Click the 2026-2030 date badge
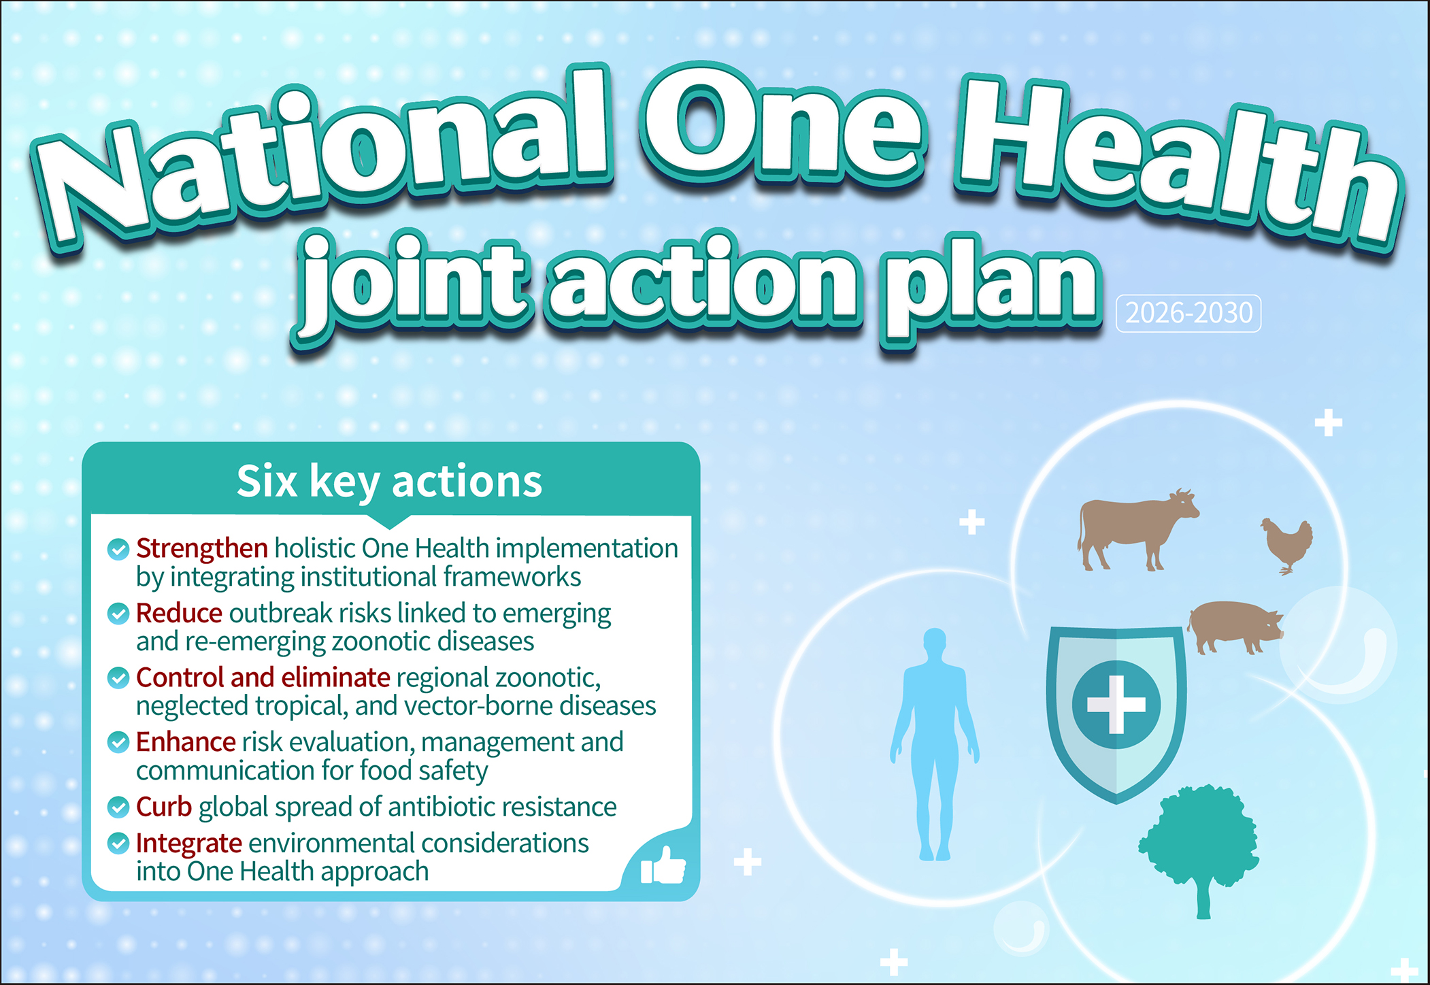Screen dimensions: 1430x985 pos(1188,313)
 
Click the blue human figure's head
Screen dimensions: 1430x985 pos(935,643)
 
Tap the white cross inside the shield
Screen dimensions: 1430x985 pos(1116,704)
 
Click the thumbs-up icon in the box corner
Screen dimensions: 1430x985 pos(663,865)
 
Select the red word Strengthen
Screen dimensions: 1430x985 pos(202,548)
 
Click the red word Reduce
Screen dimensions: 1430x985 pos(179,613)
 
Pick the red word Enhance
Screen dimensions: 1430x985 pos(186,741)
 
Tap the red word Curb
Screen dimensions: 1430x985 pos(164,807)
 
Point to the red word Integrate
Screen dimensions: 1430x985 pos(189,844)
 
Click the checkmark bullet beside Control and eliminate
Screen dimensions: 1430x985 pos(118,678)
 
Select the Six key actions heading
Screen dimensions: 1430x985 pos(389,481)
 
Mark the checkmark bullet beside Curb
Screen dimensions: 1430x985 pos(118,807)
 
